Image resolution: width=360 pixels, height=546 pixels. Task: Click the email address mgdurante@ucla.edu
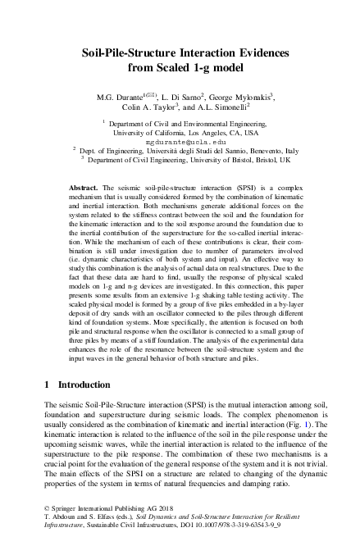[179, 142]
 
